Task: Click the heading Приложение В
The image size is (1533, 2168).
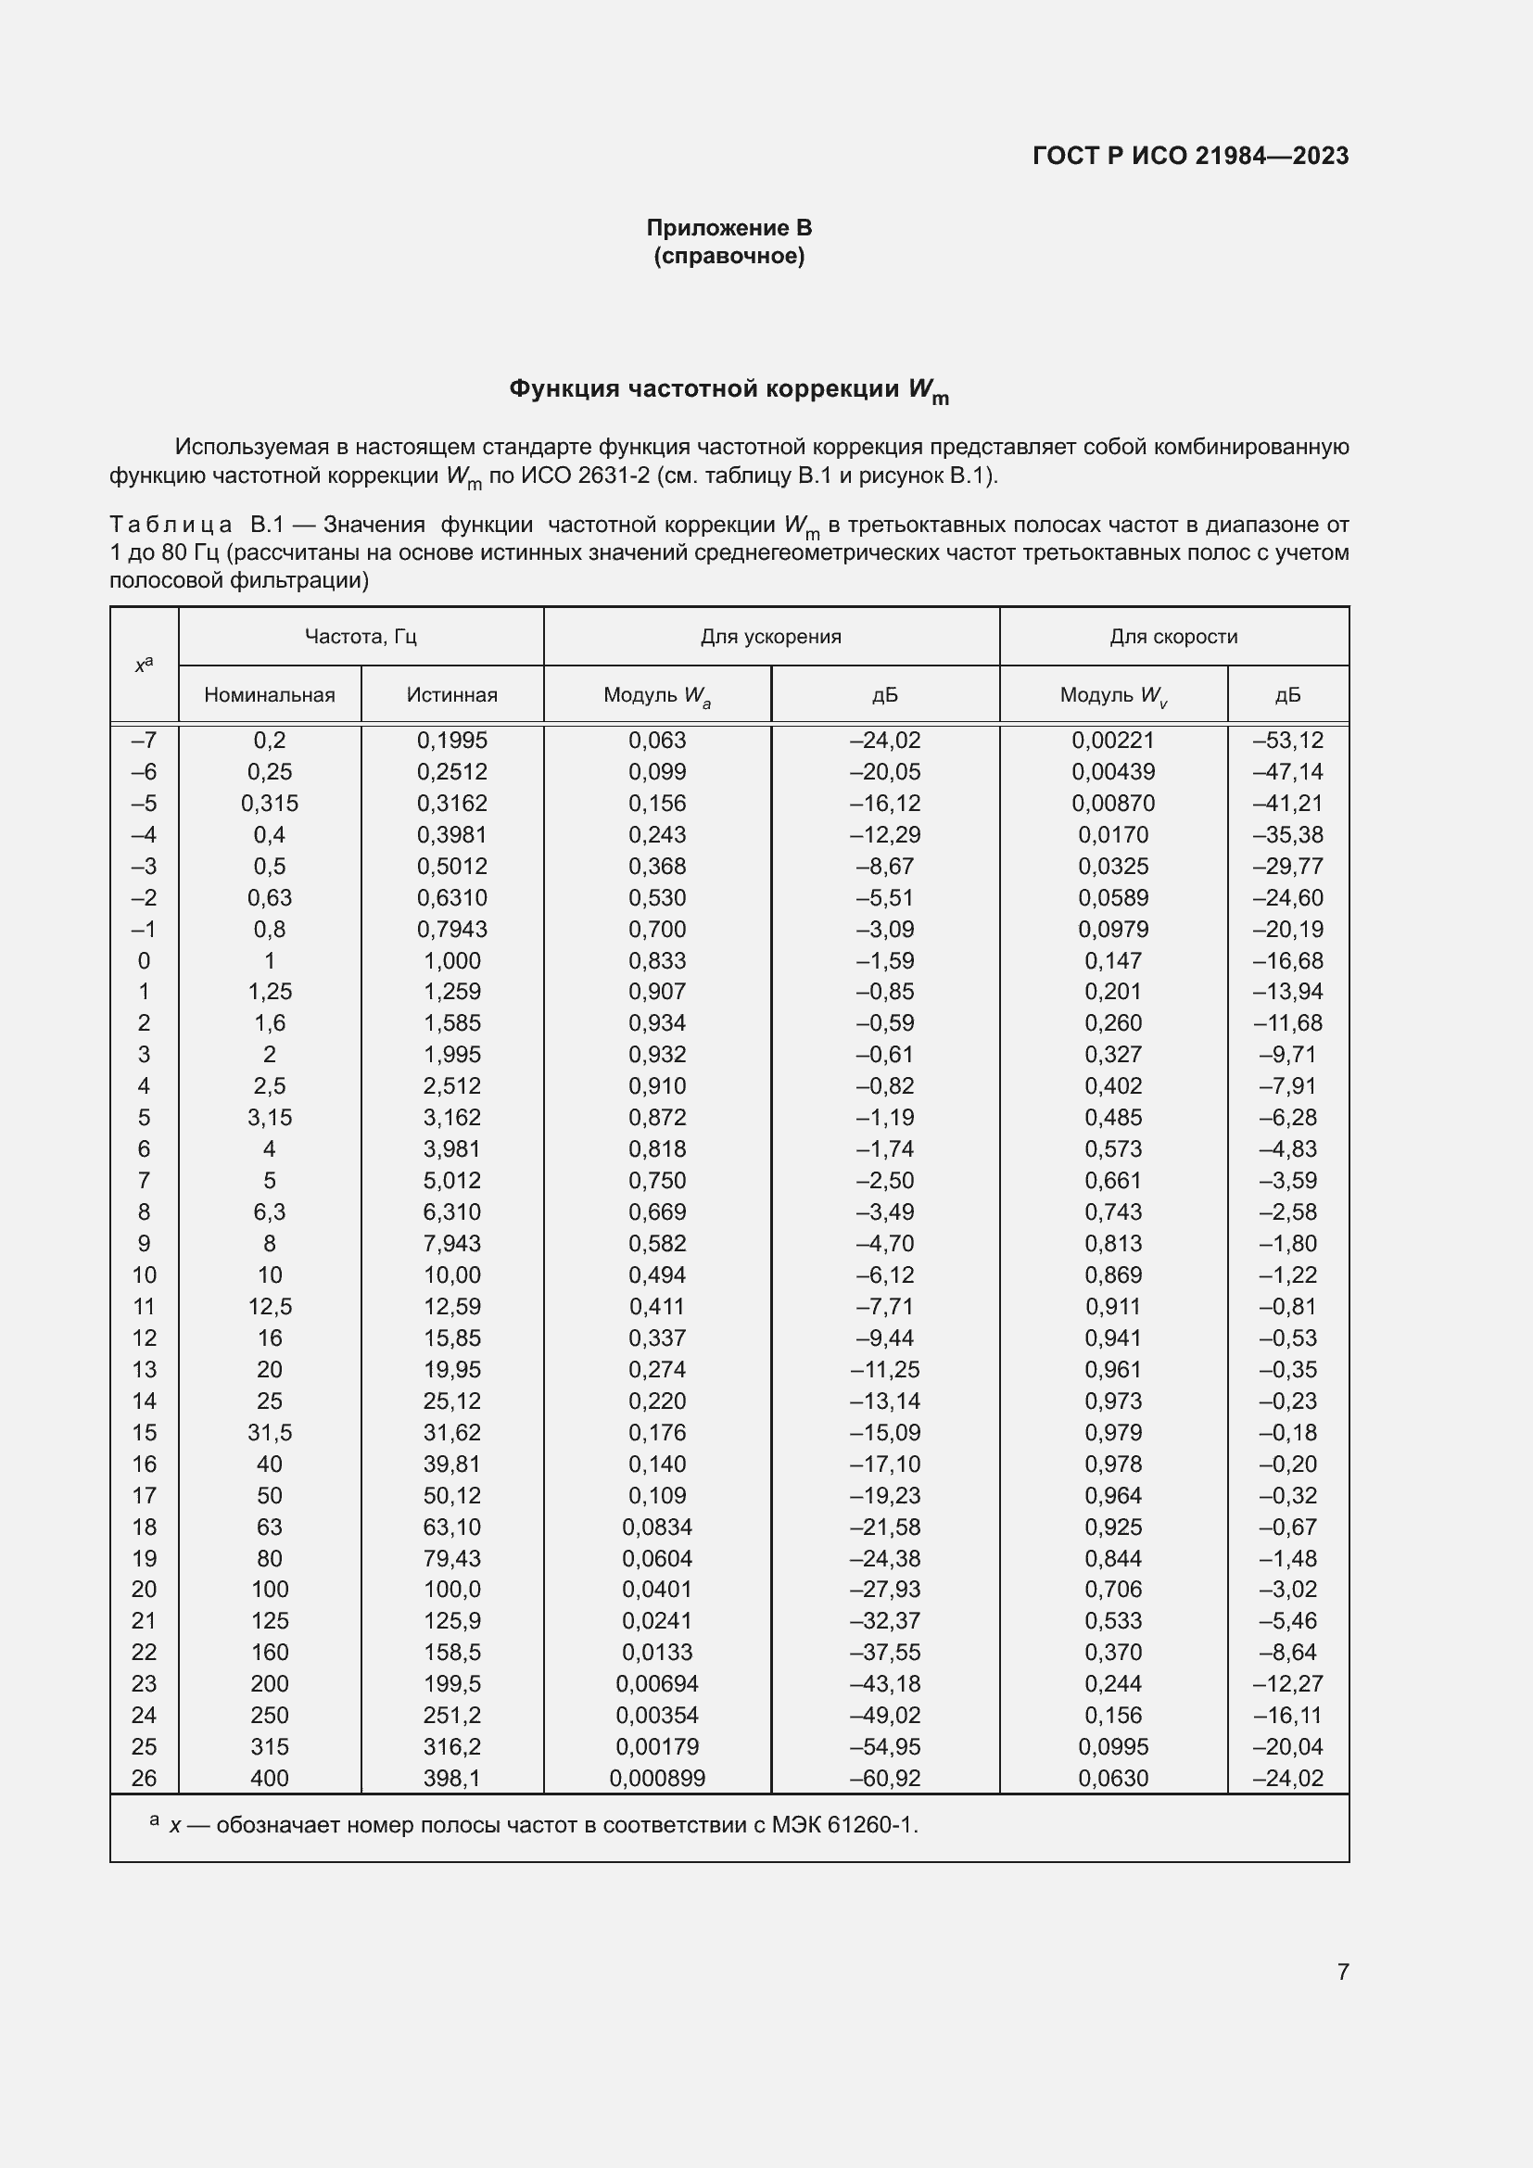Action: pyautogui.click(x=728, y=228)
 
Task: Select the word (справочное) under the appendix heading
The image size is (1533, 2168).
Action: pyautogui.click(x=728, y=256)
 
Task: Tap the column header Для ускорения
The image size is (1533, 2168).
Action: pyautogui.click(x=770, y=637)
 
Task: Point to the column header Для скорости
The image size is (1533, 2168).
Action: pyautogui.click(x=1173, y=637)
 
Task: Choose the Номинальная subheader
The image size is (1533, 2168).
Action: pyautogui.click(x=269, y=695)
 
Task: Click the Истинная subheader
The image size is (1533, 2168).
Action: pyautogui.click(x=452, y=695)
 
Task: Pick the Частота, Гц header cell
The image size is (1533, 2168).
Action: pyautogui.click(x=361, y=637)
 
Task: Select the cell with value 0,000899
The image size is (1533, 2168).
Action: pyautogui.click(x=657, y=1778)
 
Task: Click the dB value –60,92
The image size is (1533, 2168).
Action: pyautogui.click(x=884, y=1778)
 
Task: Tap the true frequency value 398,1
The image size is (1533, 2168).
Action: pyautogui.click(x=452, y=1778)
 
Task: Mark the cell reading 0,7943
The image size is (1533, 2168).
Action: pyautogui.click(x=452, y=929)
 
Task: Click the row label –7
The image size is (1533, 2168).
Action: pyautogui.click(x=145, y=741)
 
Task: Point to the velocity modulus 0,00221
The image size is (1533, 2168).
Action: pyautogui.click(x=1113, y=741)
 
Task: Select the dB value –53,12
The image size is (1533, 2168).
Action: pyautogui.click(x=1287, y=741)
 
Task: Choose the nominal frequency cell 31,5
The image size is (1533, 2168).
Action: pyautogui.click(x=269, y=1432)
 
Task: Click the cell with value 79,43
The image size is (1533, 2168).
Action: pyautogui.click(x=452, y=1558)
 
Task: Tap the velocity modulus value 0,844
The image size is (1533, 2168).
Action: pyautogui.click(x=1113, y=1558)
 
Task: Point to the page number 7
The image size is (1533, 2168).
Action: pyautogui.click(x=1342, y=1971)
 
